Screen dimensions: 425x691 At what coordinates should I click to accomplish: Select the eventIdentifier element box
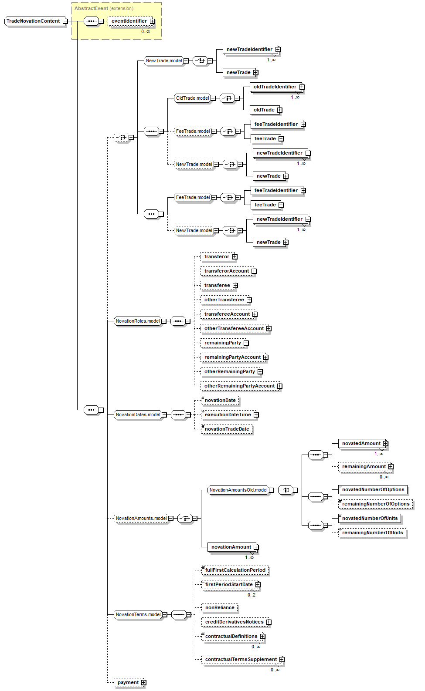click(x=131, y=21)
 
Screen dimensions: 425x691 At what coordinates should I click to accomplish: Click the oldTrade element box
click(x=266, y=110)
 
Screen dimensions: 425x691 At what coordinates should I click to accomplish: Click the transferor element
click(x=219, y=256)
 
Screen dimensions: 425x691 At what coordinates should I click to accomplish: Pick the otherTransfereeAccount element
click(x=236, y=329)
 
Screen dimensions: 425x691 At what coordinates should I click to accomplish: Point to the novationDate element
click(x=220, y=401)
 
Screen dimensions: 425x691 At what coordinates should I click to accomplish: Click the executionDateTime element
click(x=230, y=415)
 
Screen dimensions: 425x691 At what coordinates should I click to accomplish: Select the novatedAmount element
click(x=363, y=444)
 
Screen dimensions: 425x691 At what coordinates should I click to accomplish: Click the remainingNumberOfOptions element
click(x=376, y=504)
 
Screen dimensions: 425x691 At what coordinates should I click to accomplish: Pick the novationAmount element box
click(x=233, y=547)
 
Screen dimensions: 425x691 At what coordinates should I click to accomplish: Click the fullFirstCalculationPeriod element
click(x=235, y=570)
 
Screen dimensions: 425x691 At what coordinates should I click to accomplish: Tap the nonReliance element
click(x=220, y=607)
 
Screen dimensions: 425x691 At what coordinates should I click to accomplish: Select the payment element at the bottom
click(x=130, y=682)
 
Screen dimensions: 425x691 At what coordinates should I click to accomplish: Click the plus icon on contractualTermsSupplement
click(x=282, y=660)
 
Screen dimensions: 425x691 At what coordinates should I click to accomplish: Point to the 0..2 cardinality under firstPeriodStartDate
click(x=252, y=595)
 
